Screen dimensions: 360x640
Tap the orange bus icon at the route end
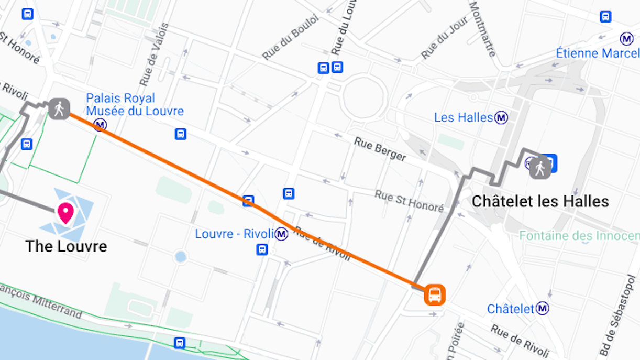pyautogui.click(x=435, y=294)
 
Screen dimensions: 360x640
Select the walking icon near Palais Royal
pyautogui.click(x=59, y=108)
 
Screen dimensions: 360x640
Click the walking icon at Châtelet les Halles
pyautogui.click(x=540, y=168)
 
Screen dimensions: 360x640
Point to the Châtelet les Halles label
pyautogui.click(x=540, y=201)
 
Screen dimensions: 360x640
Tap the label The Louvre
pyautogui.click(x=66, y=246)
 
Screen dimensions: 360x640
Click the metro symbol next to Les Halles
pyautogui.click(x=502, y=117)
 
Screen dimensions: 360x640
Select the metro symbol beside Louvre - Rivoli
pyautogui.click(x=282, y=234)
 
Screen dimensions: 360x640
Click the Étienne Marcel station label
pyautogui.click(x=597, y=53)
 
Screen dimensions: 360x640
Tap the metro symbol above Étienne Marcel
pyautogui.click(x=626, y=39)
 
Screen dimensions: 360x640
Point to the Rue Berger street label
pyautogui.click(x=380, y=149)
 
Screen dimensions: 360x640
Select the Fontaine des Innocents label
pyautogui.click(x=579, y=236)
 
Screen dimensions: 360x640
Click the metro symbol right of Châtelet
pyautogui.click(x=543, y=309)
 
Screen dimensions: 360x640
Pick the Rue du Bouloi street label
pyautogui.click(x=290, y=37)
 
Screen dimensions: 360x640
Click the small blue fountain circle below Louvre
pyautogui.click(x=181, y=257)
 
